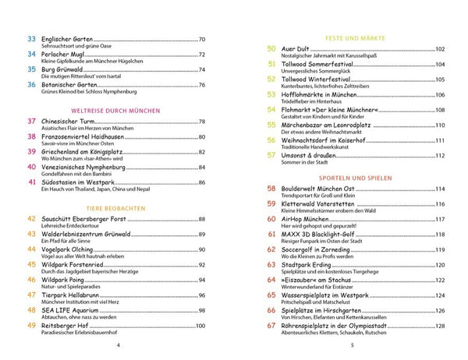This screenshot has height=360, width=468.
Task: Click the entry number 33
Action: [31, 39]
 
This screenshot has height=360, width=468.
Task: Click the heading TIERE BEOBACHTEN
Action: [117, 209]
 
